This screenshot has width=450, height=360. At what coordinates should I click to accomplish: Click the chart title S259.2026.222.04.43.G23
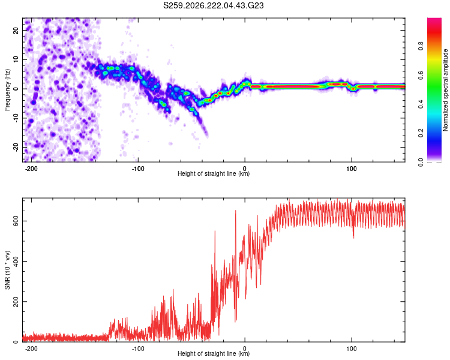click(213, 5)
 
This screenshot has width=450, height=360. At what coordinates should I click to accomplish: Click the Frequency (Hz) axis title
click(7, 90)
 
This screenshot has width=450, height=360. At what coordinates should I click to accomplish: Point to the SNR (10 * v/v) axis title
click(7, 270)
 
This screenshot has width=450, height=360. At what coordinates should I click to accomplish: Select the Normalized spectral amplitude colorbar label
click(445, 90)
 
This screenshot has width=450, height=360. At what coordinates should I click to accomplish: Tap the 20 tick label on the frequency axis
click(16, 30)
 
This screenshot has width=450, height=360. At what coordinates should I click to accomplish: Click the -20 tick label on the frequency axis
click(16, 147)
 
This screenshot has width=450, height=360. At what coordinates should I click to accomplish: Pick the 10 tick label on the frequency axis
click(16, 59)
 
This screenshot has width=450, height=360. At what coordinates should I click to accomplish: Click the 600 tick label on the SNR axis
click(16, 221)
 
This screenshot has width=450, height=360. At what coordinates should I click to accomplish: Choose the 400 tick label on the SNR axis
click(16, 261)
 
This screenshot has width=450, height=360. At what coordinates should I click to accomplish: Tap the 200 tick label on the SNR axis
click(16, 301)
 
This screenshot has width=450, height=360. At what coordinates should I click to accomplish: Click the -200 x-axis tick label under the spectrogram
click(31, 169)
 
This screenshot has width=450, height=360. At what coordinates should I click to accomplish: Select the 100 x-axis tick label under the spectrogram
click(351, 169)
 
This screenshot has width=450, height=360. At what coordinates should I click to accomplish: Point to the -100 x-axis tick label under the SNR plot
click(138, 349)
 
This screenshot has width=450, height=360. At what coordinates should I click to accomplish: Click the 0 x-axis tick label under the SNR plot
click(245, 349)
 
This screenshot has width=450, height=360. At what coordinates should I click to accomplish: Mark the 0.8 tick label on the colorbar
click(421, 46)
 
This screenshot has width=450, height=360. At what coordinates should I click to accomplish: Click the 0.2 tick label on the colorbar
click(421, 133)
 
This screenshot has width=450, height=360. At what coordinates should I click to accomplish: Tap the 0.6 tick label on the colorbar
click(421, 75)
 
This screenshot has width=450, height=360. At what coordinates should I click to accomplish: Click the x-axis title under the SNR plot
click(214, 353)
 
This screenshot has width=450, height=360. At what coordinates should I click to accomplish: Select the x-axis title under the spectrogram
click(214, 173)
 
